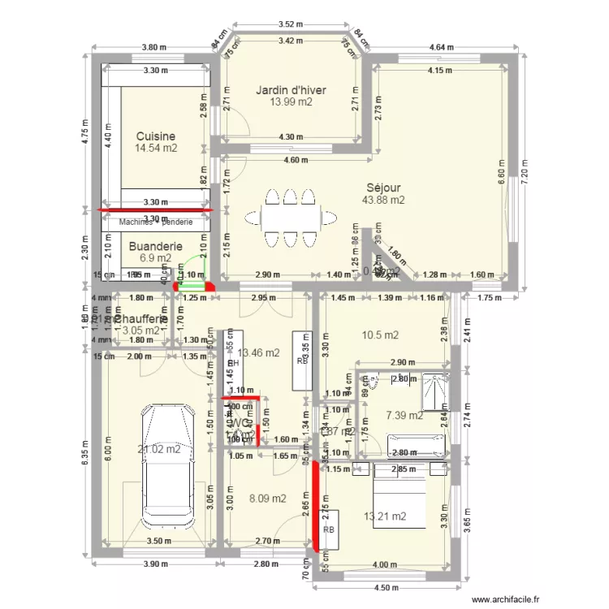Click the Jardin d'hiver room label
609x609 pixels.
291,90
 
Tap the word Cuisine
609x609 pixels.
156,136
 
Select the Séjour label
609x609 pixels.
383,188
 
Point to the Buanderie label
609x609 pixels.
156,246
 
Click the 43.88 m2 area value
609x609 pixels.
384,200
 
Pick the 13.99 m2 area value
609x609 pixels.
291,102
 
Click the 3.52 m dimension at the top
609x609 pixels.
285,25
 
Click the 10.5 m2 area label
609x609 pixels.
380,335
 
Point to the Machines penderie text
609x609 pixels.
155,222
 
